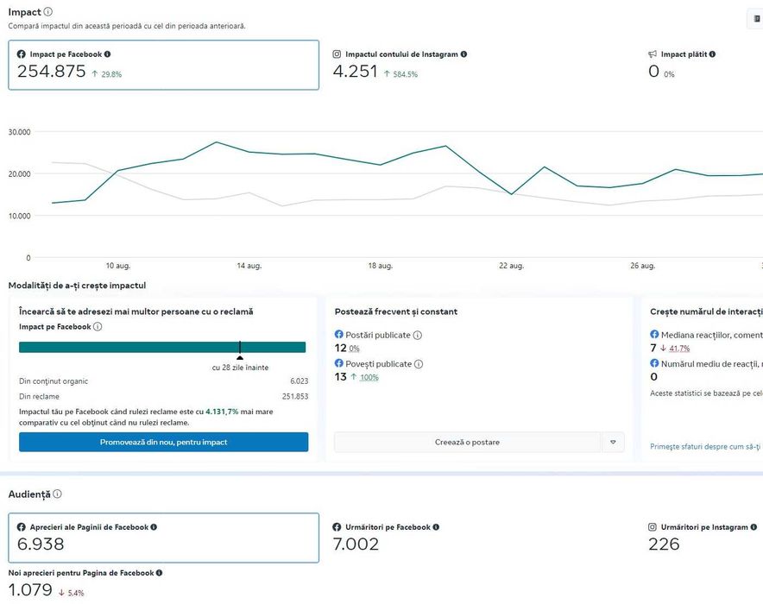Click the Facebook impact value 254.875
51,72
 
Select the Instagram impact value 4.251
355,72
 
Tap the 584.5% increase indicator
401,74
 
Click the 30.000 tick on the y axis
19,132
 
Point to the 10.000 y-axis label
19,216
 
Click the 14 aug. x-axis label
249,266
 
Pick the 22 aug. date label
510,266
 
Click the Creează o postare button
467,442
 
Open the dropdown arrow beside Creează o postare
613,442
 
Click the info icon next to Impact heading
47,12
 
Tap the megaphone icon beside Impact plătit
653,54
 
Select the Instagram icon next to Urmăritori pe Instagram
653,527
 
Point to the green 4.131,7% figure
222,412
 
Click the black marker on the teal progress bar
240,349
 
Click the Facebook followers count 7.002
356,544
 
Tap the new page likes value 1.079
30,590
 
